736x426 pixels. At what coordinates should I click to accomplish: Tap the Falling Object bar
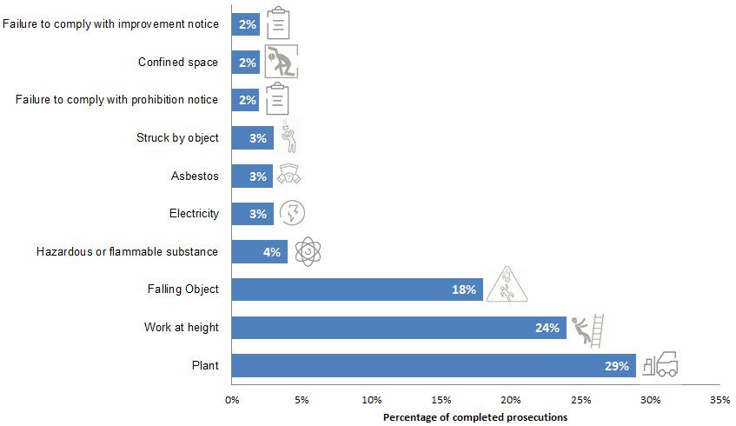click(356, 290)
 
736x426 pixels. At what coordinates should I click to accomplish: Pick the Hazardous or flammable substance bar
click(259, 252)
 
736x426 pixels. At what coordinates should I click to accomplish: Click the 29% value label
click(617, 366)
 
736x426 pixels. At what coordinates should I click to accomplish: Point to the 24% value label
click(547, 328)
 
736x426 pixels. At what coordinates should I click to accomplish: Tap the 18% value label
click(463, 290)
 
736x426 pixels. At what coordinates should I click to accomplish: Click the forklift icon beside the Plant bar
click(660, 364)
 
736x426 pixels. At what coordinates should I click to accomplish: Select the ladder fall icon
click(587, 328)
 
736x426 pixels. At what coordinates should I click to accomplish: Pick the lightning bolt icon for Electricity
click(292, 213)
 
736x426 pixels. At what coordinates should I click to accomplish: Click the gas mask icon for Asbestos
click(288, 176)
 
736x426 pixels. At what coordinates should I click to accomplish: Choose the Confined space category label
click(178, 62)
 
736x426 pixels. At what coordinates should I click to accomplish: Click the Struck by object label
click(177, 137)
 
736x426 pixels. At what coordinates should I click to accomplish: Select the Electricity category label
click(194, 213)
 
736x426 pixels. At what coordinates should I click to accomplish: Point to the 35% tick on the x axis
click(719, 401)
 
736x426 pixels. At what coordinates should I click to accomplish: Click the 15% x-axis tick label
click(441, 401)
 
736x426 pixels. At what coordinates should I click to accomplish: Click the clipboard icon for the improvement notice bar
click(278, 23)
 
